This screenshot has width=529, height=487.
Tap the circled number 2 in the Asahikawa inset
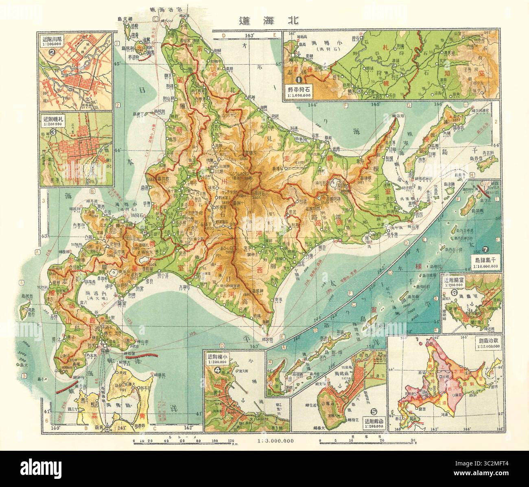(x=52, y=52)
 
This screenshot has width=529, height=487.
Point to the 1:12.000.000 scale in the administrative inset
(x=487, y=345)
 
